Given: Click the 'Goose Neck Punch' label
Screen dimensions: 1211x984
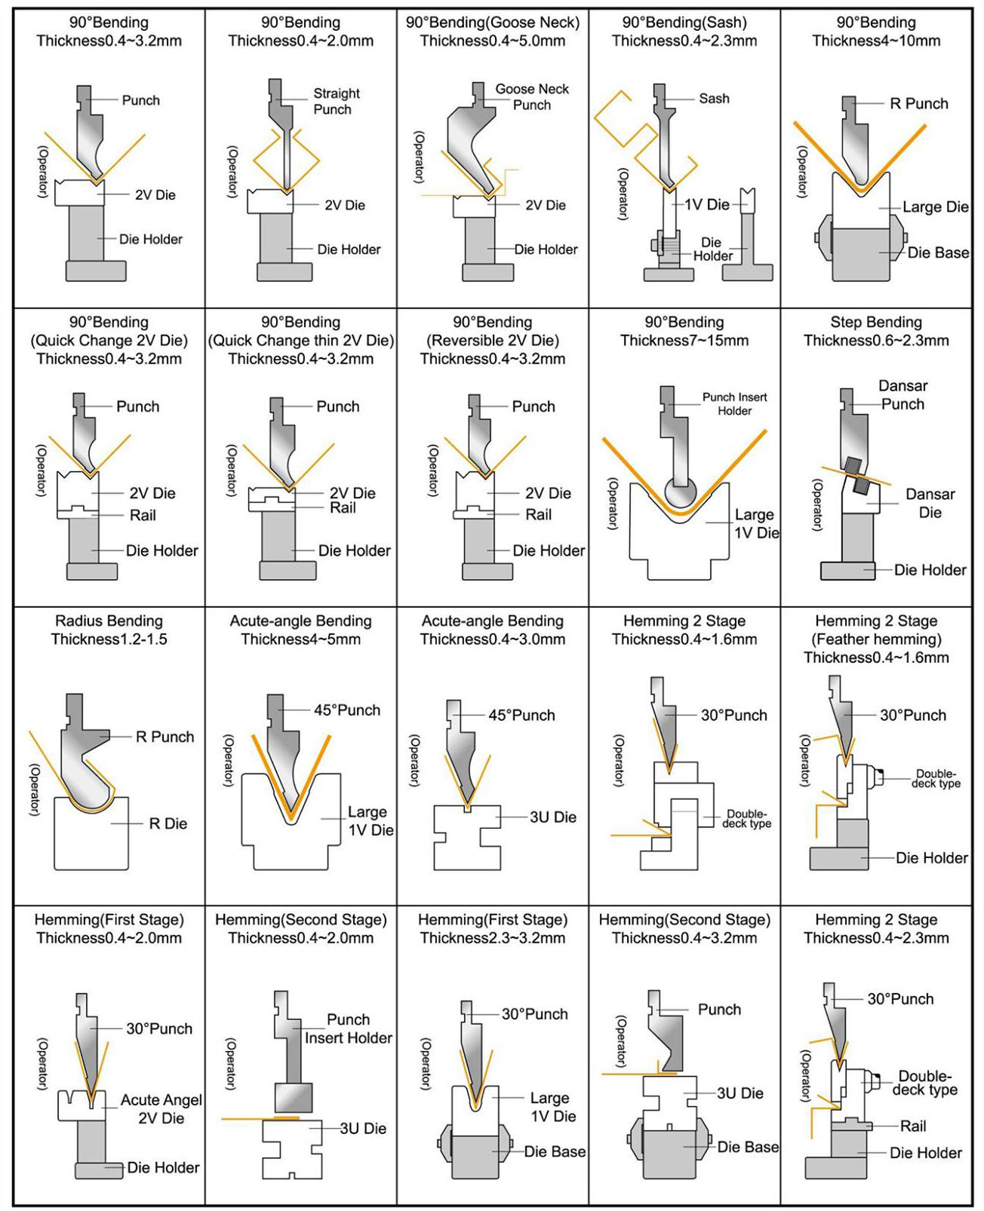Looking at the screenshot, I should click(x=532, y=97).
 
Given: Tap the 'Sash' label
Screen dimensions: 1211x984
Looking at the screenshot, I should click(x=714, y=98).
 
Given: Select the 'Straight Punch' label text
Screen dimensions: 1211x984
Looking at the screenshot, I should click(x=337, y=101).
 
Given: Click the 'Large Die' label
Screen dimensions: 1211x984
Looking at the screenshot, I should click(x=935, y=207).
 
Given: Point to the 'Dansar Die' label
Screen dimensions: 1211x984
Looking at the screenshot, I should click(x=930, y=503).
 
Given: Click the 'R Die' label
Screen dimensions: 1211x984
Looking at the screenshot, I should click(x=168, y=823).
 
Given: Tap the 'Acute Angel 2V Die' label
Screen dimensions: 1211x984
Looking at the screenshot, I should click(x=161, y=1108).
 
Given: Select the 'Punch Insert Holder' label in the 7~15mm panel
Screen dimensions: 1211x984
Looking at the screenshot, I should click(x=734, y=403).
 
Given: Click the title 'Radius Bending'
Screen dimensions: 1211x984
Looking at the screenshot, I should click(x=109, y=621).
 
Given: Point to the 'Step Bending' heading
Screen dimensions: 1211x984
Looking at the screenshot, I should click(x=876, y=322).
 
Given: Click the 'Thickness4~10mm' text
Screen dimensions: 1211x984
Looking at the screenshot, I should click(x=876, y=41).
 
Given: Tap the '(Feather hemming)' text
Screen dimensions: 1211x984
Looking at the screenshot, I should click(x=876, y=639).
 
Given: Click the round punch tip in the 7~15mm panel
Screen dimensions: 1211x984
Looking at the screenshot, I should click(x=684, y=493).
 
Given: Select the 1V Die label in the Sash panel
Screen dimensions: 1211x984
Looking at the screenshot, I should click(x=707, y=204).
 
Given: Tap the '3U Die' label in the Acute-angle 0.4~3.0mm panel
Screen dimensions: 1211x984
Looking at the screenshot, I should click(x=552, y=817).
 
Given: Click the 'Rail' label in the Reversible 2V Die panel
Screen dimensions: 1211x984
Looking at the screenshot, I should click(x=538, y=514).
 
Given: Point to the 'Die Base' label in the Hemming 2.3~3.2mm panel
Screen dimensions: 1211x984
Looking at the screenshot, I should click(x=555, y=1151).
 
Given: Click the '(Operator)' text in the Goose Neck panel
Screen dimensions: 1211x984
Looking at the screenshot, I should click(x=420, y=157).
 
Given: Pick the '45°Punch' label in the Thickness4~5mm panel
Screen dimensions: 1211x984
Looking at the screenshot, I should click(x=347, y=710).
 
